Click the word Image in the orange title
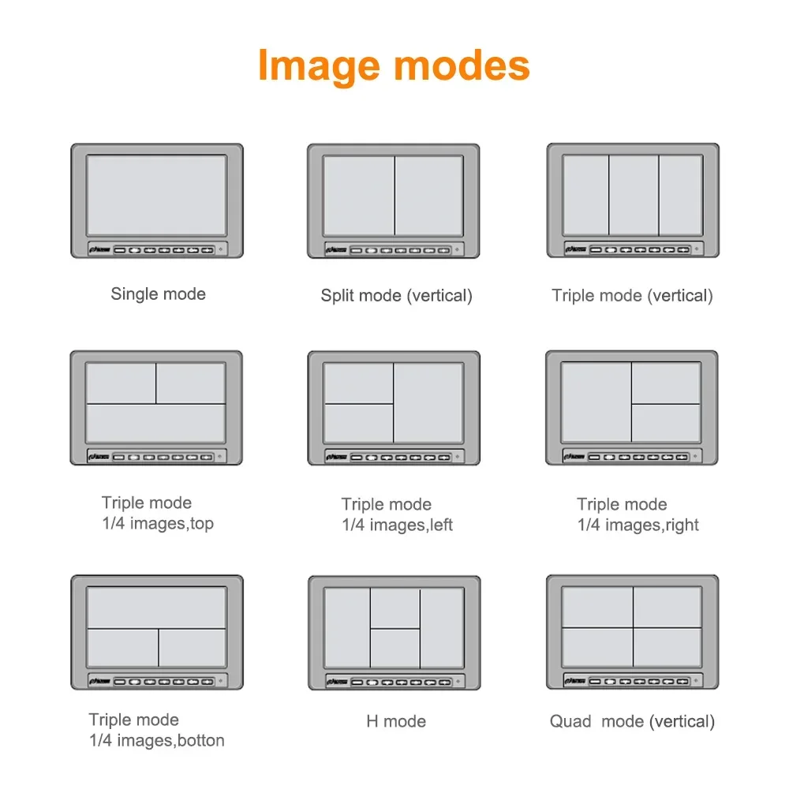click(319, 66)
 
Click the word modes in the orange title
click(462, 65)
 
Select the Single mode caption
click(158, 294)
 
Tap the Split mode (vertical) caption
click(397, 295)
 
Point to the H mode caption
click(396, 722)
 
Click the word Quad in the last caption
click(570, 722)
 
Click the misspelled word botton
click(201, 740)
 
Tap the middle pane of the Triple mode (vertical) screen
click(634, 195)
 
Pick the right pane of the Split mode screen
click(428, 196)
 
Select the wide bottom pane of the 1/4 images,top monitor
click(156, 423)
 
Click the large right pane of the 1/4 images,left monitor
click(428, 403)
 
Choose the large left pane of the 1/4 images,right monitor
click(596, 402)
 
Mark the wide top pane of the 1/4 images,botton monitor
click(157, 608)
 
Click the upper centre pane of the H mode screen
click(395, 608)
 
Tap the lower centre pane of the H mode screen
click(395, 648)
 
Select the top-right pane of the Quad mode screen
click(667, 607)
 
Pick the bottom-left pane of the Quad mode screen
click(597, 647)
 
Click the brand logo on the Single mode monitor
click(100, 249)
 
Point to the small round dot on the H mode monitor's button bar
click(458, 682)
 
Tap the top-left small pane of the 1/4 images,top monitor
click(122, 383)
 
